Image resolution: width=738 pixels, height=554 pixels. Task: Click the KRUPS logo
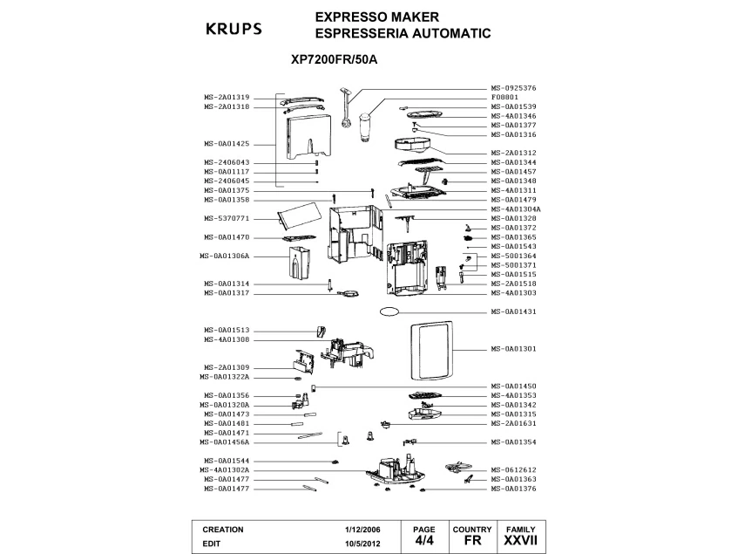233,27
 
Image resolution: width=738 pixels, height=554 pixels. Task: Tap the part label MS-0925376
513,88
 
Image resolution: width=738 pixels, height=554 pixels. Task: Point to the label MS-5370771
227,218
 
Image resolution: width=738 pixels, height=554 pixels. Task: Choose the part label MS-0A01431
513,311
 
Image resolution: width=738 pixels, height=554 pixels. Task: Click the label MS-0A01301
513,349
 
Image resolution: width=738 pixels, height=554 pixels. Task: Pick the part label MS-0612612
513,469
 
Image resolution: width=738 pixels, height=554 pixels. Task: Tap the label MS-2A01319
227,97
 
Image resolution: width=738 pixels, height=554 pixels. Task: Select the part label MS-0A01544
227,461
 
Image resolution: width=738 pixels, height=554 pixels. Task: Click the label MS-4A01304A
516,209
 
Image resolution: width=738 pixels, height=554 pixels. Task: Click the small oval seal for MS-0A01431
389,311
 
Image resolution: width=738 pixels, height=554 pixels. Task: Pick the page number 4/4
423,541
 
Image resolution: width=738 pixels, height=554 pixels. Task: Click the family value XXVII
521,541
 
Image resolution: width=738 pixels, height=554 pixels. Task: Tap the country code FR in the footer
472,541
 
